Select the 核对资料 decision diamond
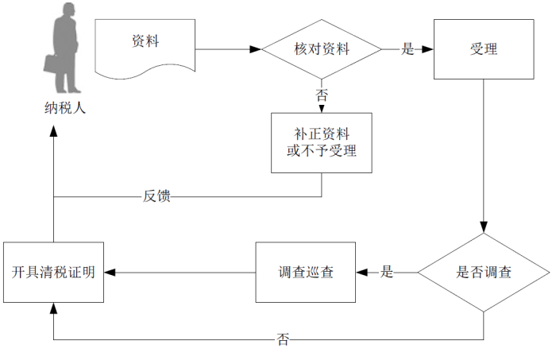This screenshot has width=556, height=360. [x=322, y=49]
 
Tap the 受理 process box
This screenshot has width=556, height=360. [x=483, y=49]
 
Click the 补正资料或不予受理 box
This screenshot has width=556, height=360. [x=322, y=142]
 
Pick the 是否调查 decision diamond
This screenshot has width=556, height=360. [x=484, y=273]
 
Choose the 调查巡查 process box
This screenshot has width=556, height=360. [x=306, y=273]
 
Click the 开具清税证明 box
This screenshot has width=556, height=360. [x=53, y=273]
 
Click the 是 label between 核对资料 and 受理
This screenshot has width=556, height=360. [x=407, y=49]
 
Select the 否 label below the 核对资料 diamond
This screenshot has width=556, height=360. [x=322, y=95]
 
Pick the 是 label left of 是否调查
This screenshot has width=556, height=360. [x=387, y=273]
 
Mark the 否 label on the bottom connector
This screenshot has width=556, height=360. [x=283, y=339]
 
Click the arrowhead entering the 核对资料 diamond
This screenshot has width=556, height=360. [x=256, y=49]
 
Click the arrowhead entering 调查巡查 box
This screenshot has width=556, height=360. [x=362, y=273]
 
